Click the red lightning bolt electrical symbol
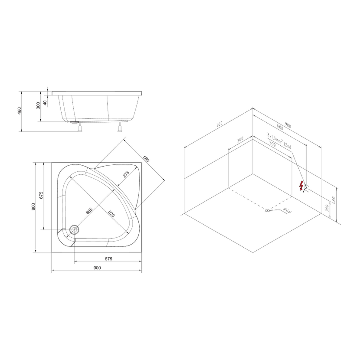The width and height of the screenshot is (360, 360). click(301, 187)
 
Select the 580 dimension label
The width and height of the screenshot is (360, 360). click(146, 159)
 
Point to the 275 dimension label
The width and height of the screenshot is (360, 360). click(126, 174)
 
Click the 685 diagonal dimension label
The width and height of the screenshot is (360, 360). click(89, 211)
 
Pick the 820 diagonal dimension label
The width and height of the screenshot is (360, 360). click(111, 214)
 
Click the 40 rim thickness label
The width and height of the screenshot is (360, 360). click(45, 103)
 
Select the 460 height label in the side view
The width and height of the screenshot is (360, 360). click(20, 111)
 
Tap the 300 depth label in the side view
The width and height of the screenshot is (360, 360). click(38, 105)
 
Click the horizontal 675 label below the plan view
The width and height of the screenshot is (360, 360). click(108, 259)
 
